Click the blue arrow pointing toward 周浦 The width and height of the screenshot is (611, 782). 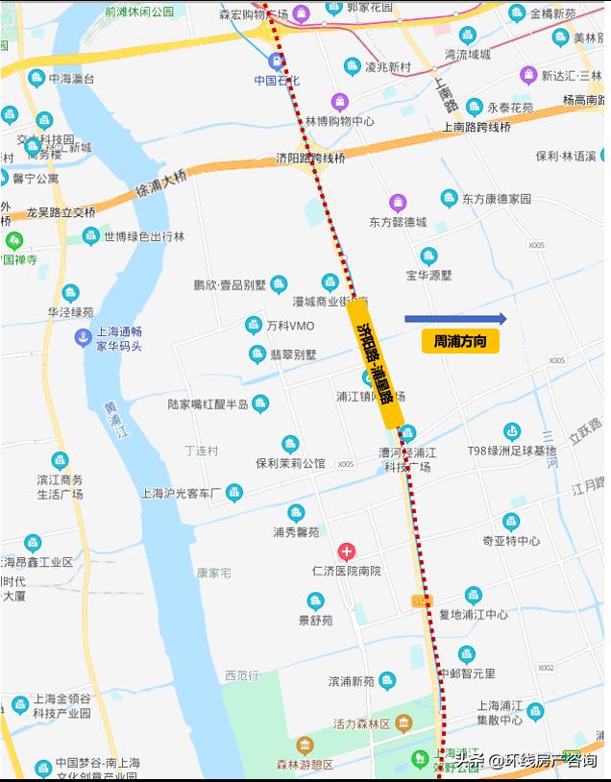455,319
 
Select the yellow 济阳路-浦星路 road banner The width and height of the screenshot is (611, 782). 375,362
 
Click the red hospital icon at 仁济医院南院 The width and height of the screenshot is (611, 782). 346,551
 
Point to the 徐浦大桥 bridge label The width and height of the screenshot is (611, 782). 161,182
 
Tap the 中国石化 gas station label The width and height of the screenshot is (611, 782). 277,81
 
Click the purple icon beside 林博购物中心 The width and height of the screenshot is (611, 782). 339,102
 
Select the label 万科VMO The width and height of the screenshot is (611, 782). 290,326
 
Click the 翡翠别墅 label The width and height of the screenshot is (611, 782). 292,354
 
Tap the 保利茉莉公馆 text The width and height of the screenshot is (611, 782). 290,463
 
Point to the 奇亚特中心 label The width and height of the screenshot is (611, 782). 510,541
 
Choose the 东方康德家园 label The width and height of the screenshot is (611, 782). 496,199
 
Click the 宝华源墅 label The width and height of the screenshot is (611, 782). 428,275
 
